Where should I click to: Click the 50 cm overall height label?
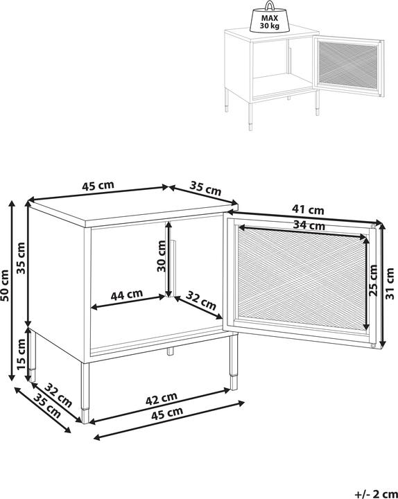(7, 285)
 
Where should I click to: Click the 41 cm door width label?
(308, 209)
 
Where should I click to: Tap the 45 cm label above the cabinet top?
(98, 186)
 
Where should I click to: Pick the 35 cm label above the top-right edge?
(205, 189)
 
